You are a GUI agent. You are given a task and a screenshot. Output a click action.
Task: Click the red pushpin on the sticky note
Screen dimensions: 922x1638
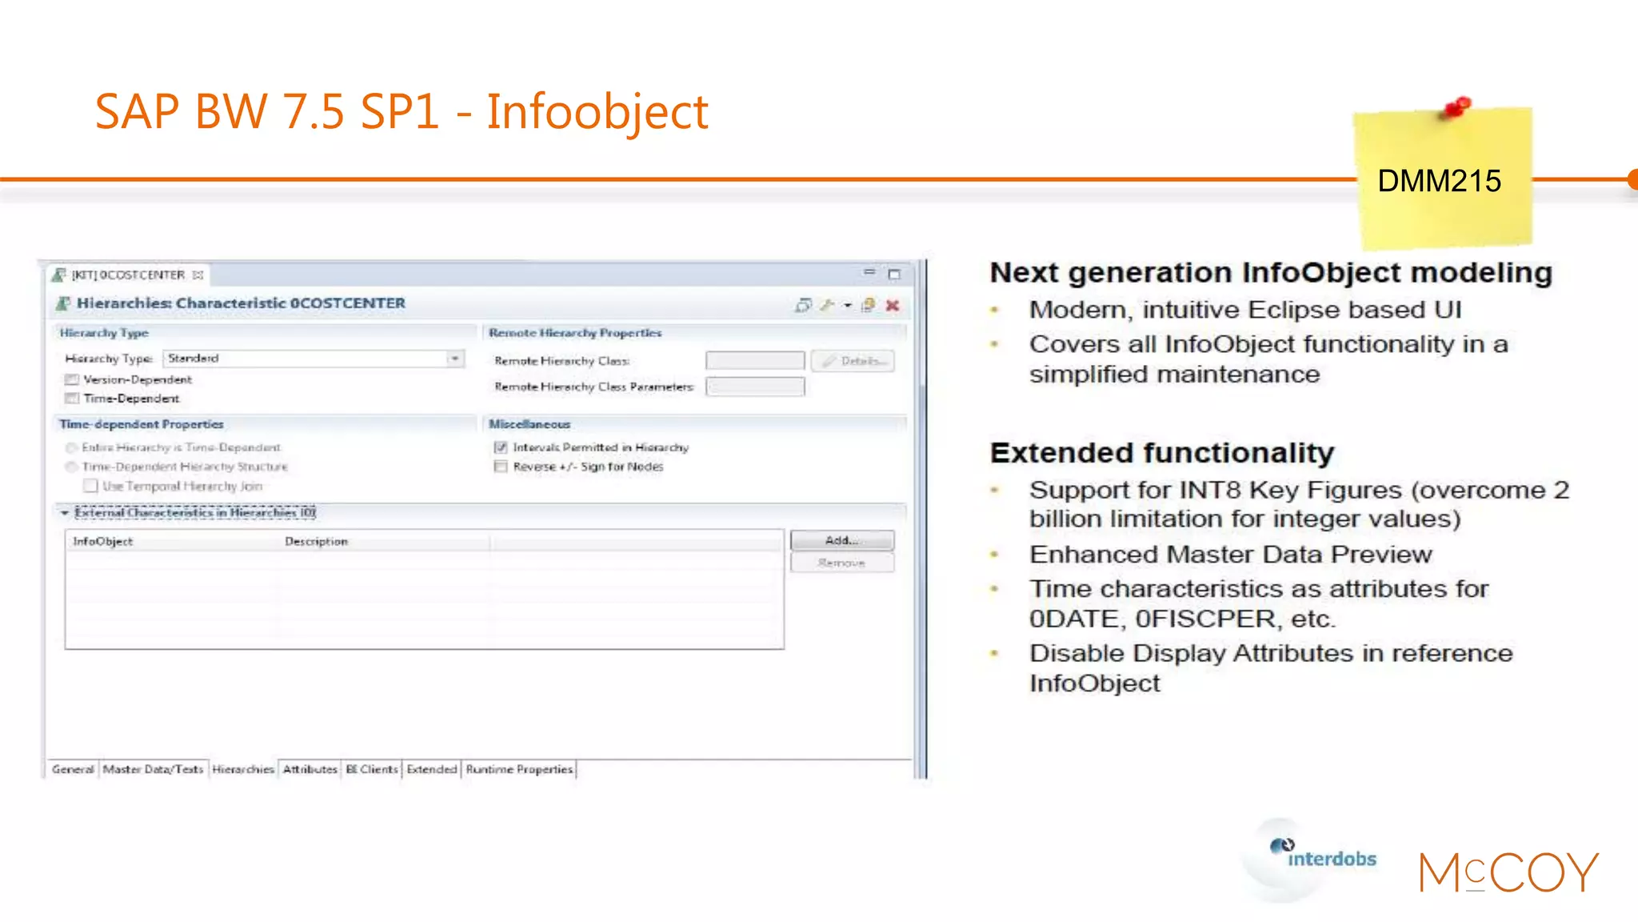pyautogui.click(x=1457, y=107)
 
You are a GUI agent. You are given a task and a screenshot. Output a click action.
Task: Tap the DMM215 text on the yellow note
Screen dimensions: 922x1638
pyautogui.click(x=1439, y=182)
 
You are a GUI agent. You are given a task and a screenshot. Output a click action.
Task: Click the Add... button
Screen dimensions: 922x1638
pyautogui.click(x=841, y=541)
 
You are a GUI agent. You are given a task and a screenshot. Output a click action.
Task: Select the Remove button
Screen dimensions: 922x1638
pyautogui.click(x=841, y=563)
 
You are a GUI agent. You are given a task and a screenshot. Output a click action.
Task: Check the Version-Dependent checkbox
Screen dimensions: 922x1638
pyautogui.click(x=72, y=380)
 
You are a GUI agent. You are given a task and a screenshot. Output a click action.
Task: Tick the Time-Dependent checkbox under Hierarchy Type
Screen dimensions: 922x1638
pyautogui.click(x=72, y=399)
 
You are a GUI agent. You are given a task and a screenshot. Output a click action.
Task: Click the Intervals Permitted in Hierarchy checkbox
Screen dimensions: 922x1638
pyautogui.click(x=501, y=448)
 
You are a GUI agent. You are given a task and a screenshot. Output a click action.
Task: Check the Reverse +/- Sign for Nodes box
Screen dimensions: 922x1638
pyautogui.click(x=501, y=467)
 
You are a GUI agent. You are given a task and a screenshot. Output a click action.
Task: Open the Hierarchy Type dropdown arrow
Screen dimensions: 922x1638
pyautogui.click(x=454, y=359)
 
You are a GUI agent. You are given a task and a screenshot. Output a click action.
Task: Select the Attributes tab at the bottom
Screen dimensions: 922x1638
pyautogui.click(x=310, y=770)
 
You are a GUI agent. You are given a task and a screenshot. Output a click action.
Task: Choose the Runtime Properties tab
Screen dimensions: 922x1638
pyautogui.click(x=519, y=770)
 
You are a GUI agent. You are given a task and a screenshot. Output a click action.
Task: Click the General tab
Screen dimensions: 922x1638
pyautogui.click(x=72, y=770)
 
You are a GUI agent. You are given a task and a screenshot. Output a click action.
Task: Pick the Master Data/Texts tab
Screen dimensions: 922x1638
pyautogui.click(x=153, y=770)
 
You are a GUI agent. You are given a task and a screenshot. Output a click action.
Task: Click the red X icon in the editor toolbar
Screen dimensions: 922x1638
pyautogui.click(x=893, y=306)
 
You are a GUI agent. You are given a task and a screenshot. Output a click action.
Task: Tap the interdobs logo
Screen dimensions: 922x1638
pyautogui.click(x=1324, y=857)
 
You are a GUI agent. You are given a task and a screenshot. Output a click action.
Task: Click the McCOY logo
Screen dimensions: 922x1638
pyautogui.click(x=1508, y=872)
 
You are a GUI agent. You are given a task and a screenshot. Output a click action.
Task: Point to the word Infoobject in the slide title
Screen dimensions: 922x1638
pyautogui.click(x=597, y=112)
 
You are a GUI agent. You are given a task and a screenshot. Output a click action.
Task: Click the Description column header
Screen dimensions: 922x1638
pyautogui.click(x=316, y=542)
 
